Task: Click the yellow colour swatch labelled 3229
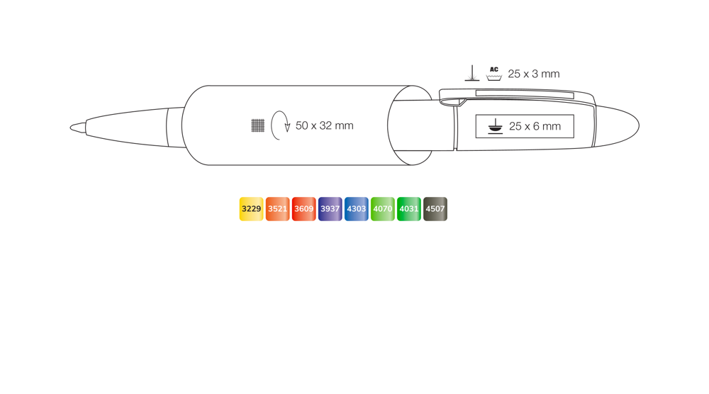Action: coord(252,209)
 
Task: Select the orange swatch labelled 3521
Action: coord(278,209)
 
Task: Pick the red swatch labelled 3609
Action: coord(304,209)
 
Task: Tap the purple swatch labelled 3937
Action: coord(330,209)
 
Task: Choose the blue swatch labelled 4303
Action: coord(357,209)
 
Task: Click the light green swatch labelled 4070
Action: coord(383,209)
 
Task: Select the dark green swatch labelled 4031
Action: coord(409,209)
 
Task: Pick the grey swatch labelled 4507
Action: coord(435,209)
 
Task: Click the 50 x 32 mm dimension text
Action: coord(325,125)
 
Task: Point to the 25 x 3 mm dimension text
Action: coord(534,74)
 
